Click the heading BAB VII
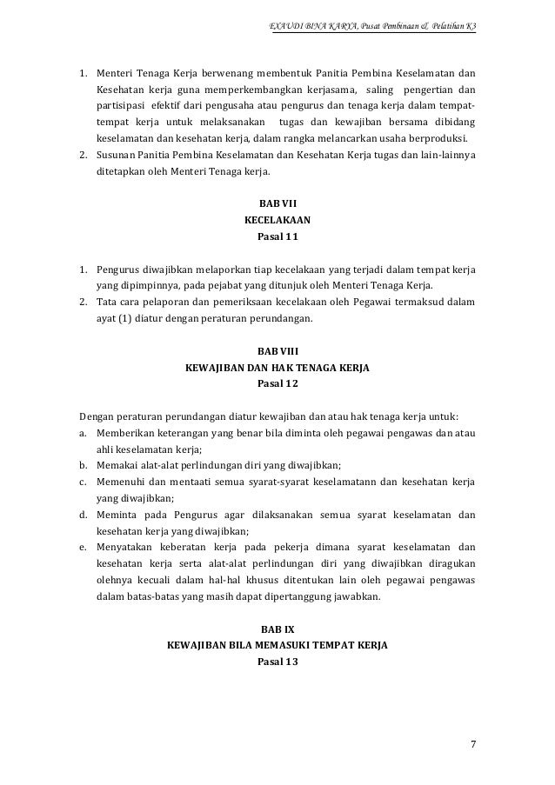click(278, 204)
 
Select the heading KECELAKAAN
click(278, 220)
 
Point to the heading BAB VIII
click(278, 352)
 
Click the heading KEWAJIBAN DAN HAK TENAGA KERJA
click(278, 368)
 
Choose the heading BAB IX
click(278, 629)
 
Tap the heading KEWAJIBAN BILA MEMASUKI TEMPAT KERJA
click(278, 645)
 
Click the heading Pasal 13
click(278, 662)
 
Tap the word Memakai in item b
click(117, 465)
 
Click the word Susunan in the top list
click(116, 154)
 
